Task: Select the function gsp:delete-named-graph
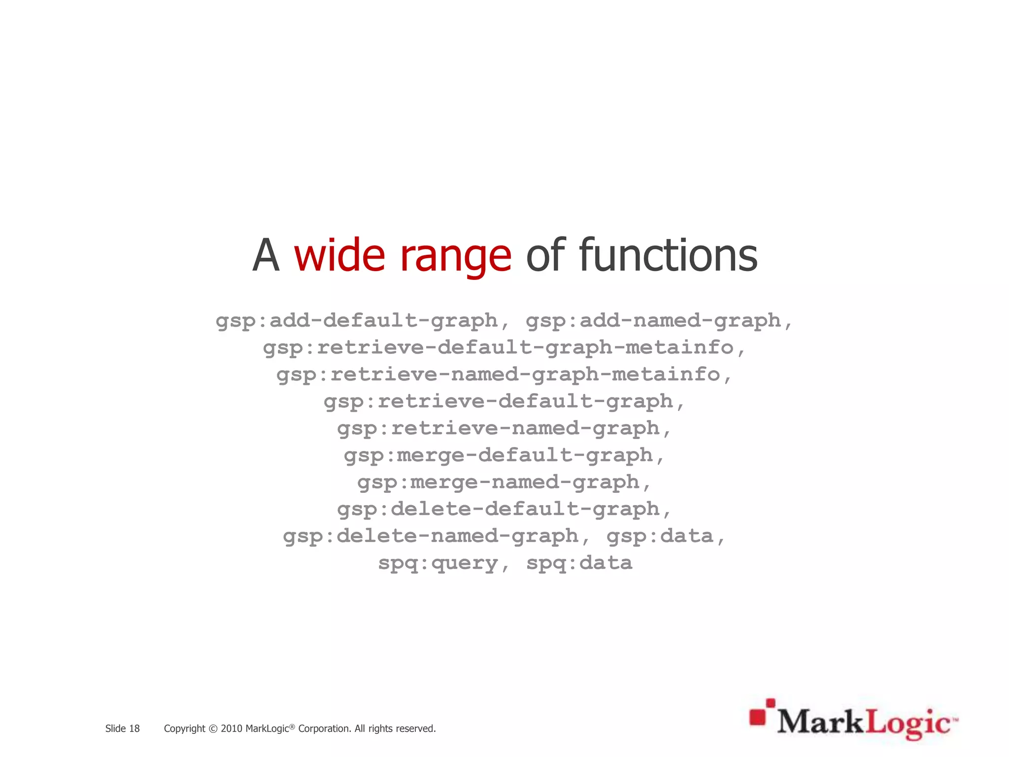pos(431,536)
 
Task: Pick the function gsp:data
pos(660,536)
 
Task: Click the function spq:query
pos(438,563)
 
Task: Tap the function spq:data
pos(579,563)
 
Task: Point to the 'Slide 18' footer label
pos(122,728)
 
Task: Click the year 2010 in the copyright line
pos(231,728)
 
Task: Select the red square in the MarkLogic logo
pos(758,717)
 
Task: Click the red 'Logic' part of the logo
pos(908,723)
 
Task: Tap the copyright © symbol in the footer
pos(213,728)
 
